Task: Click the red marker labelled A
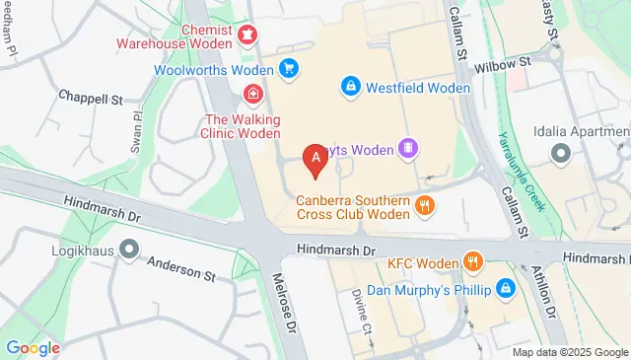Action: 315,159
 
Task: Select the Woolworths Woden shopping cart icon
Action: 288,69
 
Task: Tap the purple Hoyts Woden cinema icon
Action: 407,149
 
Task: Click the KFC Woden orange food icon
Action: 474,261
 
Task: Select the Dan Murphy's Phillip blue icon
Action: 506,289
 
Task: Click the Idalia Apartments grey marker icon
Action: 562,153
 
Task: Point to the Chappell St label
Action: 90,100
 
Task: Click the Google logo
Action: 33,347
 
